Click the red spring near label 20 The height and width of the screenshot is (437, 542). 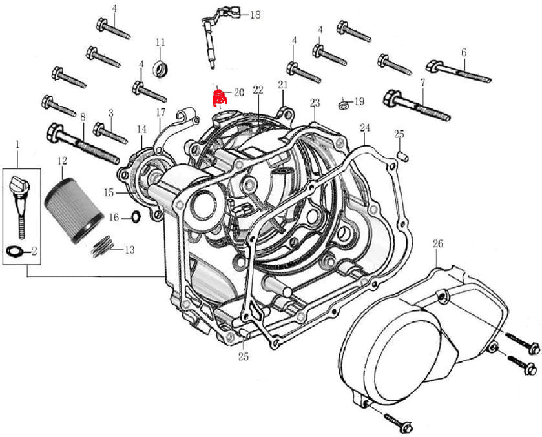[220, 98]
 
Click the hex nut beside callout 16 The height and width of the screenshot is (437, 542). [136, 217]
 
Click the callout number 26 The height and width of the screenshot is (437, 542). [438, 244]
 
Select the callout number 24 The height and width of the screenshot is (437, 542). [365, 127]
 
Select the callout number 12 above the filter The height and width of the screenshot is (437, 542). [62, 161]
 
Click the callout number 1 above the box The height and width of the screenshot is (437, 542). [18, 143]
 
